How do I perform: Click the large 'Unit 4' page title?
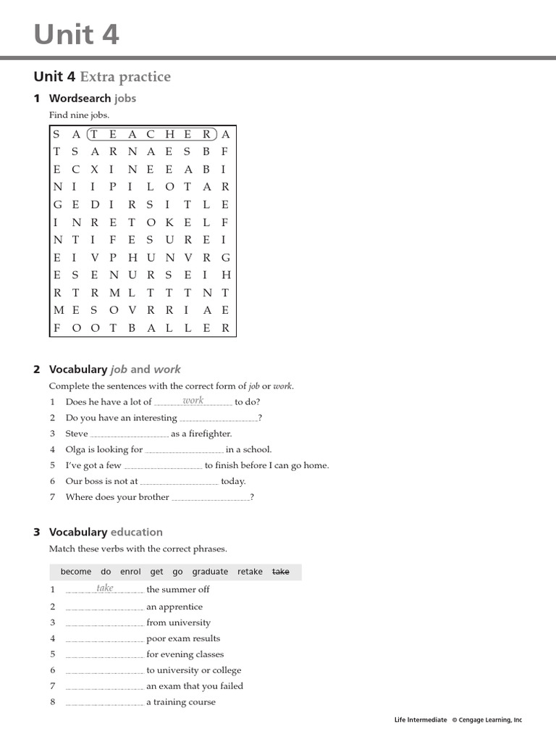(x=76, y=34)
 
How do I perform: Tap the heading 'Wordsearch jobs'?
(x=93, y=98)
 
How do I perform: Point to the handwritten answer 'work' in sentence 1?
(x=193, y=401)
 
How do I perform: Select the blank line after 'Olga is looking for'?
(x=184, y=450)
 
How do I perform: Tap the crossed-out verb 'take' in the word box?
(x=280, y=572)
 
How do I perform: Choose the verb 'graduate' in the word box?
(x=210, y=572)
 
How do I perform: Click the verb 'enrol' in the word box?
(x=130, y=572)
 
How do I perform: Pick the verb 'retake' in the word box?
(x=250, y=572)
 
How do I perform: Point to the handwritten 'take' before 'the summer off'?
(x=105, y=588)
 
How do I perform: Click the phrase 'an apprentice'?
(x=174, y=606)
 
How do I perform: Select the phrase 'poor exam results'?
(x=183, y=638)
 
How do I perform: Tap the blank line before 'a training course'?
(x=104, y=703)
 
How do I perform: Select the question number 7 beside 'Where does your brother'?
(x=53, y=497)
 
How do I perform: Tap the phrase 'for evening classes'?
(x=185, y=654)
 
